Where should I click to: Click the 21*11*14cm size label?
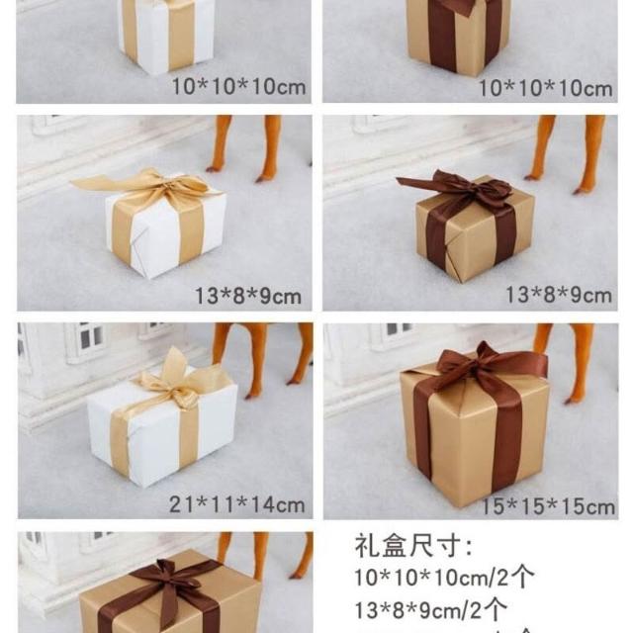[x=237, y=504]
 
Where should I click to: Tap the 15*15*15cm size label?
[x=549, y=507]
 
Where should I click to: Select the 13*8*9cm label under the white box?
[x=248, y=296]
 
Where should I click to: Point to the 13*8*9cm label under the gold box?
[x=559, y=295]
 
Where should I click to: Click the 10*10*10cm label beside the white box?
[x=238, y=86]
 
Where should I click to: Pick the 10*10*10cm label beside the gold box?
[x=545, y=88]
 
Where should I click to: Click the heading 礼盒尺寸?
[x=413, y=545]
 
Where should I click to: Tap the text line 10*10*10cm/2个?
[x=444, y=578]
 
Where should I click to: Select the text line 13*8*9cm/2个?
[x=430, y=609]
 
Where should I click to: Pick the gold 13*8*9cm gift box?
[x=475, y=229]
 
